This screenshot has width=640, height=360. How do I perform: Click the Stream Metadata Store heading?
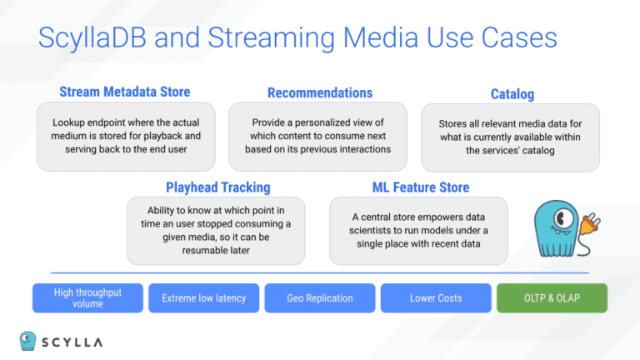point(125,92)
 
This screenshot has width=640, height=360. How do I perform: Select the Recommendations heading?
point(320,92)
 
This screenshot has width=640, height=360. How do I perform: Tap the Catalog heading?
point(512,94)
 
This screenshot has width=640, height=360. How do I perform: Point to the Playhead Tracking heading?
point(217,187)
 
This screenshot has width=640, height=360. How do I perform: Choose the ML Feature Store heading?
point(420,187)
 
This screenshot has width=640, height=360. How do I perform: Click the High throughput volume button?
point(87,298)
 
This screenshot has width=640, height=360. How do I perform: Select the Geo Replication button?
point(319,298)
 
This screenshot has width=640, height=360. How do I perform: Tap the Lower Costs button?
point(436,298)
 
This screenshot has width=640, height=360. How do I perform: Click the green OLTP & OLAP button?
point(552,298)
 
